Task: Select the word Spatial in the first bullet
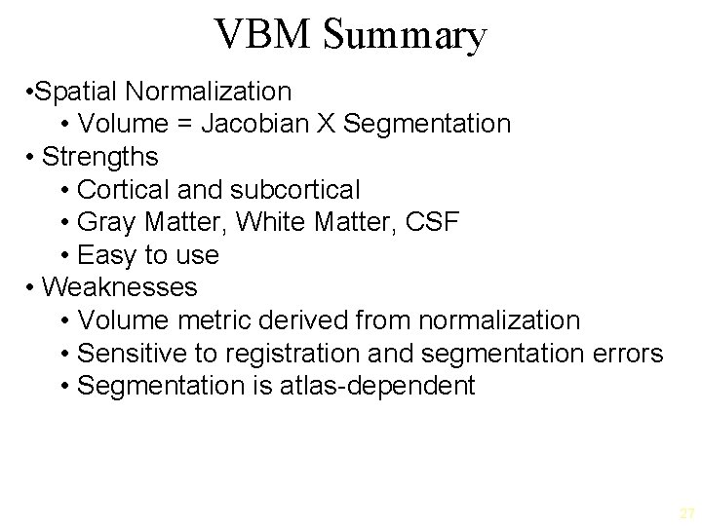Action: (82, 92)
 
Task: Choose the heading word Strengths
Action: (99, 157)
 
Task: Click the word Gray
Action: (105, 222)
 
